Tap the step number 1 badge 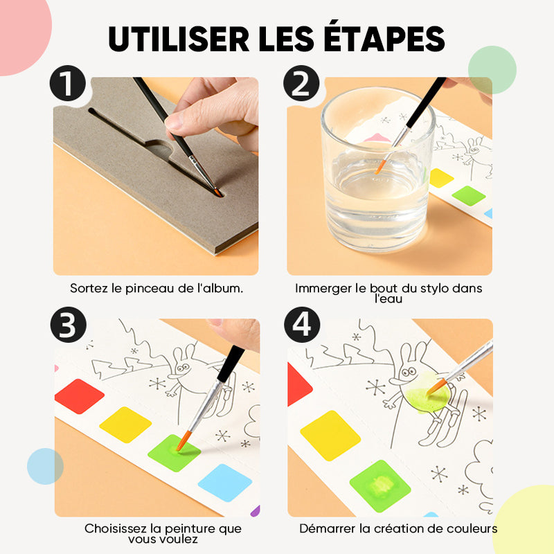point(67,83)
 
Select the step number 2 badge point(301,83)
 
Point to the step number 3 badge point(68,325)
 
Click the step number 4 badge point(302,325)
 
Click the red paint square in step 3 point(80,396)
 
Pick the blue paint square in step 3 point(225,483)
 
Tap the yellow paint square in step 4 point(330,436)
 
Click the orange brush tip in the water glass point(379,166)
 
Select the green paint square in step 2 point(469,195)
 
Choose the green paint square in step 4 point(380,486)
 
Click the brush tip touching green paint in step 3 point(183,441)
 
